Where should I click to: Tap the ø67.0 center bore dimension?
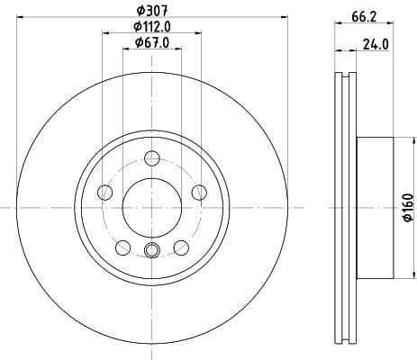pos(150,42)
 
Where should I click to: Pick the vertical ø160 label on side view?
pos(407,207)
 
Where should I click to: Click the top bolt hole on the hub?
pos(151,158)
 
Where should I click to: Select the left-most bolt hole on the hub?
pos(105,193)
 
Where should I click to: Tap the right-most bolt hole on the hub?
pos(197,191)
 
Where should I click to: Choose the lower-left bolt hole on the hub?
pos(122,246)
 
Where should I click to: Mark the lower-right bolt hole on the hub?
pos(180,246)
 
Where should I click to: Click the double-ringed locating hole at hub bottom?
pos(151,251)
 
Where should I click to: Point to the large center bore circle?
pos(151,206)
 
